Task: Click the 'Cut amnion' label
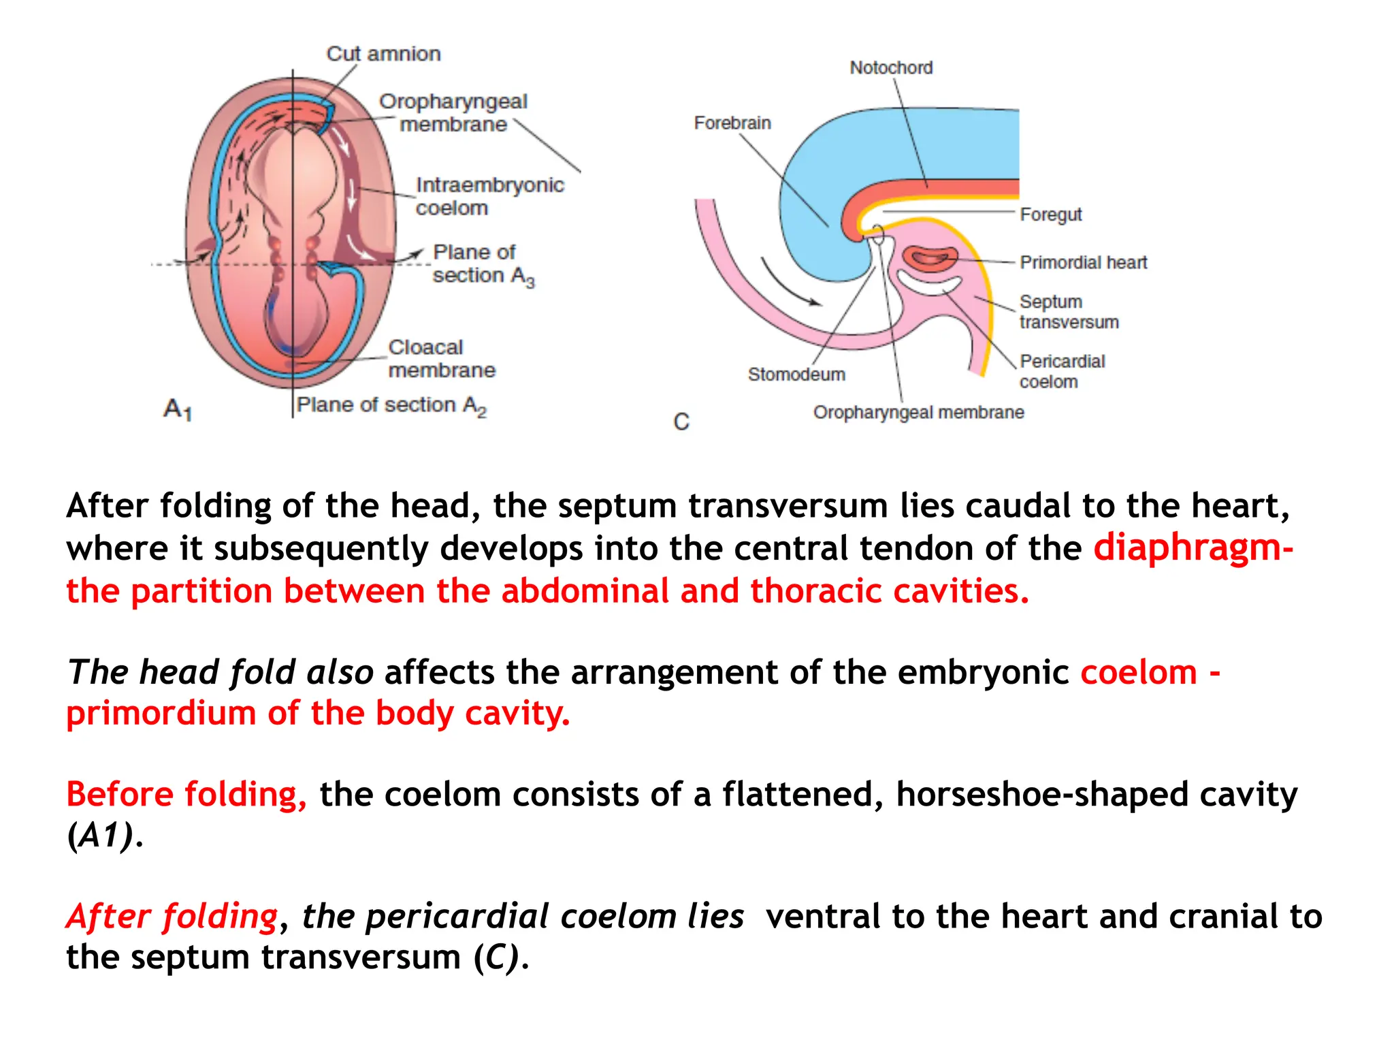(383, 54)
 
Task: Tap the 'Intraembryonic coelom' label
(489, 196)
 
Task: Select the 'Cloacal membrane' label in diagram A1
(441, 359)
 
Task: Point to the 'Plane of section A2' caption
(391, 405)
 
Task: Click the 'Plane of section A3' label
(483, 264)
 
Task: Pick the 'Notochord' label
(891, 68)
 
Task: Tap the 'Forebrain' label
(732, 123)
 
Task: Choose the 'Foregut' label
(1050, 215)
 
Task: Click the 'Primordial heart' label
(1083, 263)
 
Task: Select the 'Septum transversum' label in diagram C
(1069, 312)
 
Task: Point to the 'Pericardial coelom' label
(1062, 371)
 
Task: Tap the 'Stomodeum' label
(796, 375)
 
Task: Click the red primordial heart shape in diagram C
(930, 258)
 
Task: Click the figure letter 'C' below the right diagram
(681, 422)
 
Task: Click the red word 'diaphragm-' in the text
(1193, 548)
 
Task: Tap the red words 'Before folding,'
(187, 795)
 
